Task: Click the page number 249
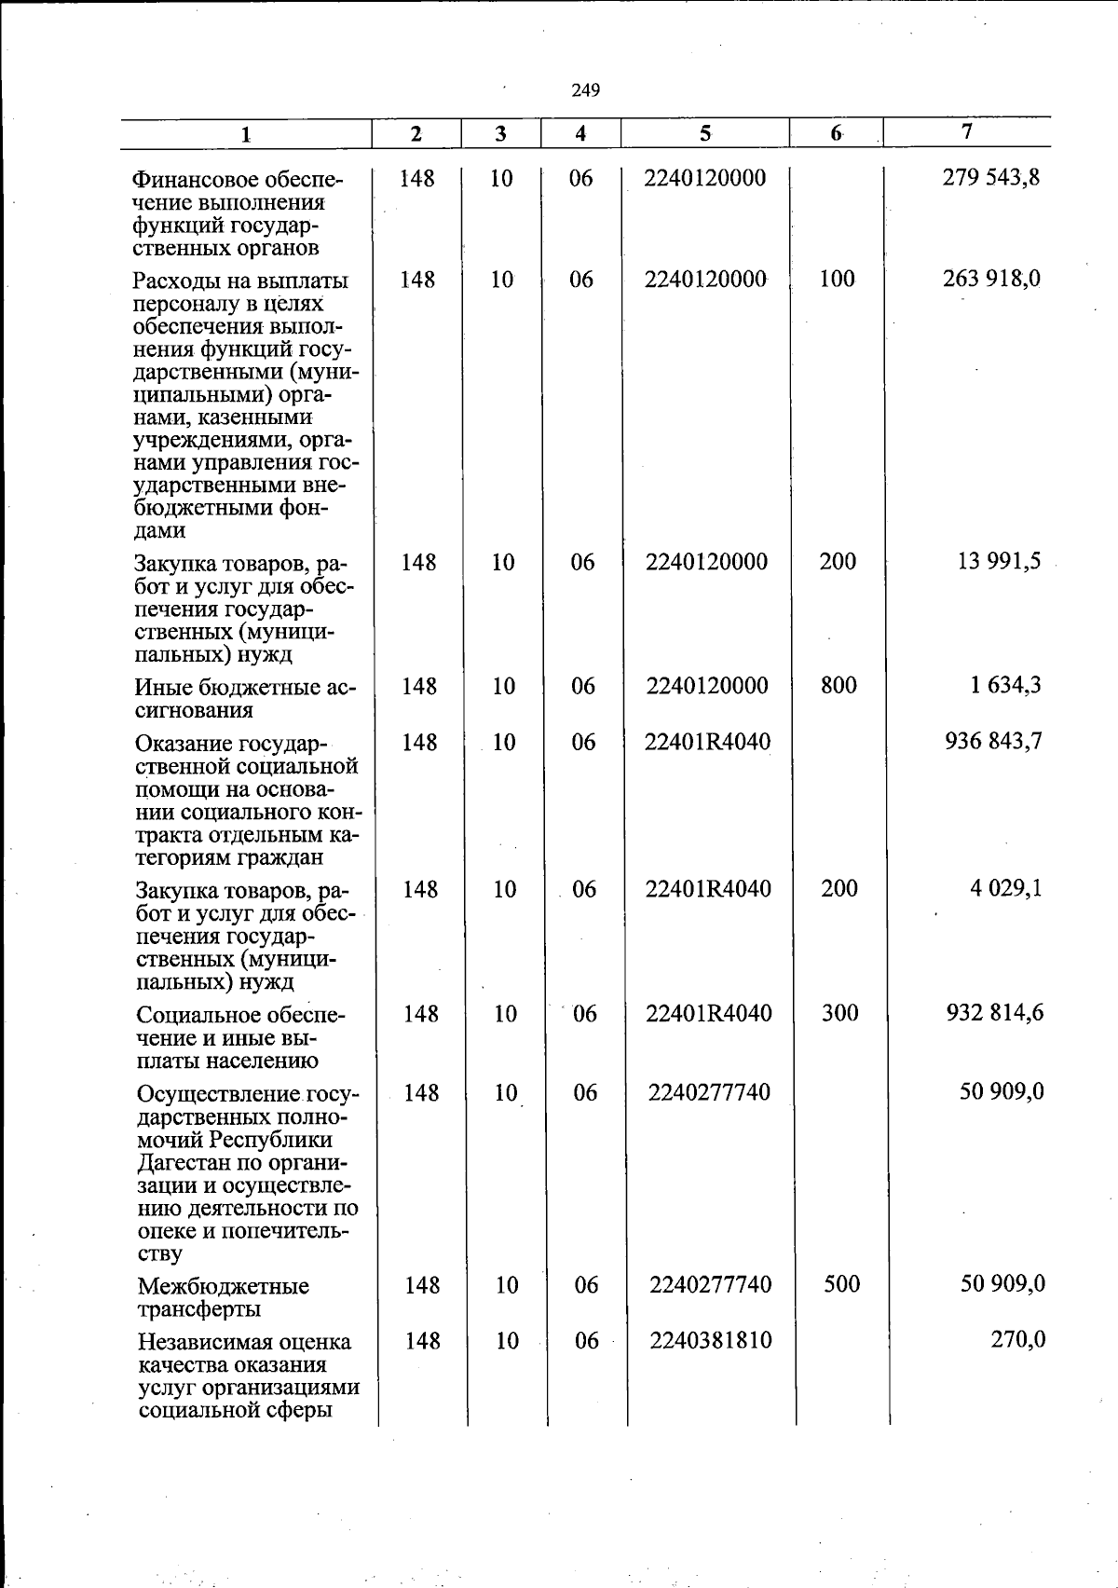click(586, 90)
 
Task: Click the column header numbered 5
click(705, 133)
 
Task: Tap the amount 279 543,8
click(991, 177)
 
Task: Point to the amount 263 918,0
click(991, 279)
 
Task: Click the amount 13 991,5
click(996, 561)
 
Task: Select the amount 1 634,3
click(1005, 685)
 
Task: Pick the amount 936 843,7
click(993, 741)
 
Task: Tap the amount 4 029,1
click(1006, 888)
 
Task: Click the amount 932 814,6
click(995, 1012)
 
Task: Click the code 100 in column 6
click(837, 279)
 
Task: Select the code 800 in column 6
click(838, 685)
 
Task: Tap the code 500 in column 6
click(841, 1283)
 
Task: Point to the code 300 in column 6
click(839, 1012)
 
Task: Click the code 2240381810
click(711, 1340)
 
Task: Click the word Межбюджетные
click(223, 1286)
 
